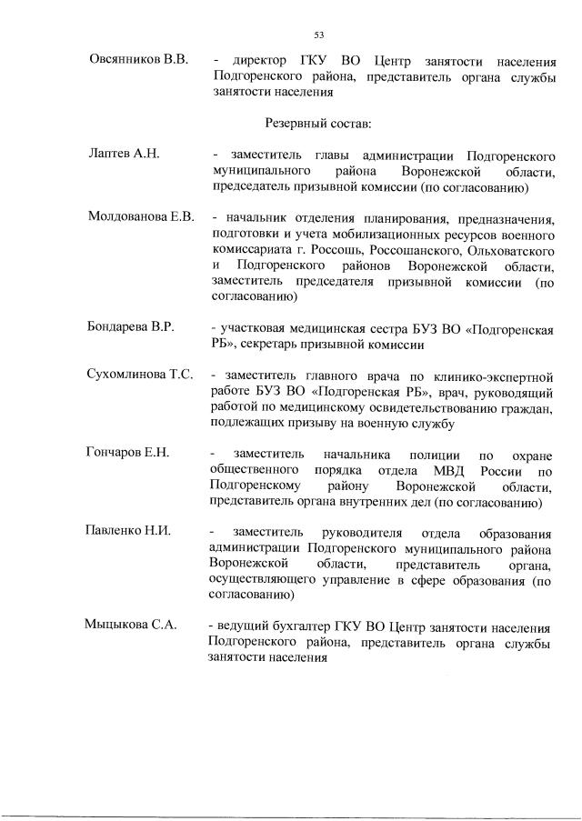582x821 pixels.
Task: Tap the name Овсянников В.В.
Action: click(x=137, y=60)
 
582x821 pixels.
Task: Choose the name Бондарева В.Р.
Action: click(x=131, y=325)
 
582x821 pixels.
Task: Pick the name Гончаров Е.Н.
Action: click(x=130, y=453)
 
